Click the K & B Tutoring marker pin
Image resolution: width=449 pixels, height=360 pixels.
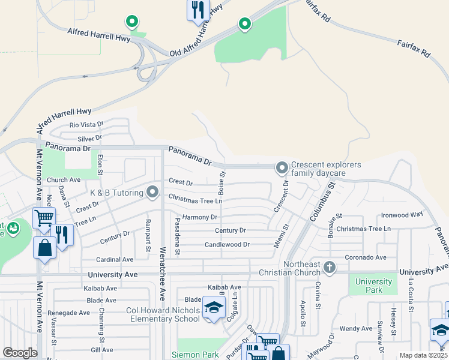click(x=152, y=193)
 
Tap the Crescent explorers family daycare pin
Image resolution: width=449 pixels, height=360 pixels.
click(x=282, y=167)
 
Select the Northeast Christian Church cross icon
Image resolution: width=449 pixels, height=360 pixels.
click(x=328, y=266)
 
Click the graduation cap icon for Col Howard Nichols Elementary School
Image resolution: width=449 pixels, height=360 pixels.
click(x=213, y=308)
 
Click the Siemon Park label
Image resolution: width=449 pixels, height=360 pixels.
click(x=195, y=355)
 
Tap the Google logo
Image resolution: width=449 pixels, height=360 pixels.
click(x=20, y=353)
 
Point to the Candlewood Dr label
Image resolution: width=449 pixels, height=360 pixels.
click(x=227, y=245)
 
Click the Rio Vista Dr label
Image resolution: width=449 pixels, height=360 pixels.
click(x=86, y=125)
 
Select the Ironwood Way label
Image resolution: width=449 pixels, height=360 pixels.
click(x=402, y=214)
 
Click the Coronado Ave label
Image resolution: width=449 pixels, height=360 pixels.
click(x=365, y=257)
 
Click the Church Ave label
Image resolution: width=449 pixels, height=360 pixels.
click(x=64, y=180)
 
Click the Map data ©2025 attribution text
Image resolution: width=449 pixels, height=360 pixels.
click(x=423, y=355)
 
